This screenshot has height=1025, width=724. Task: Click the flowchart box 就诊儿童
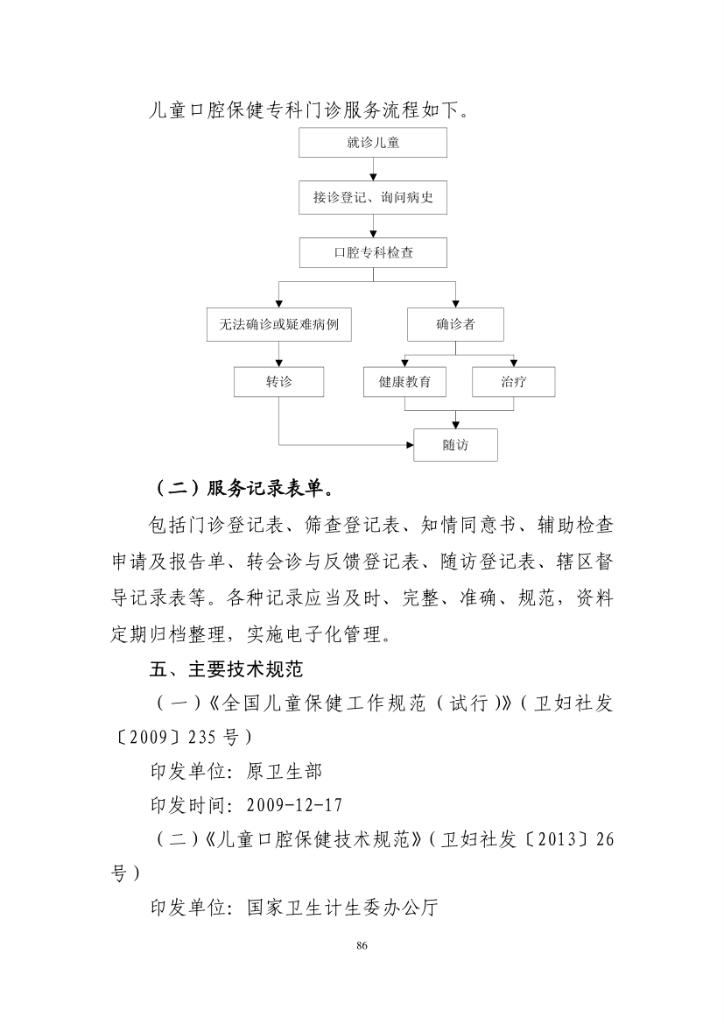coord(372,143)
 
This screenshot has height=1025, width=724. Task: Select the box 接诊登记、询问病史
coord(372,197)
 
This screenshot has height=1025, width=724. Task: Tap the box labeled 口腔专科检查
coord(373,253)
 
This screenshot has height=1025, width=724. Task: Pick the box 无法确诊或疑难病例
coord(279,324)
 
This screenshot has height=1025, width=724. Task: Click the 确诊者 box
coord(455,324)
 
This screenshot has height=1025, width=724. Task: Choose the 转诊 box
coord(279,382)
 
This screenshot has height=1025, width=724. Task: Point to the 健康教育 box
coord(404,382)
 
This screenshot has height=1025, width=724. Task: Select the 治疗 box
coord(514,382)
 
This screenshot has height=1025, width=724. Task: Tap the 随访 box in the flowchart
coord(455,445)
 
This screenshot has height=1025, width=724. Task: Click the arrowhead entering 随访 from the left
coord(410,445)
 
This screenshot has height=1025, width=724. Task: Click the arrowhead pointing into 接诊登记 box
coord(373,177)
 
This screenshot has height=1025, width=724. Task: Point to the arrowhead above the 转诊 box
coord(279,363)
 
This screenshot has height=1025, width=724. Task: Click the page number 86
coord(362,945)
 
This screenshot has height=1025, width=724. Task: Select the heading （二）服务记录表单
coord(244,488)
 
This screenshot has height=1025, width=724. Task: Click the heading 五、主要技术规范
coord(226,668)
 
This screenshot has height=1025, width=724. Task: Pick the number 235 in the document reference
coord(202,737)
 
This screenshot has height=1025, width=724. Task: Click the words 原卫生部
coord(285,771)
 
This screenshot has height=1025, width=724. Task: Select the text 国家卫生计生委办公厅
coord(341,908)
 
